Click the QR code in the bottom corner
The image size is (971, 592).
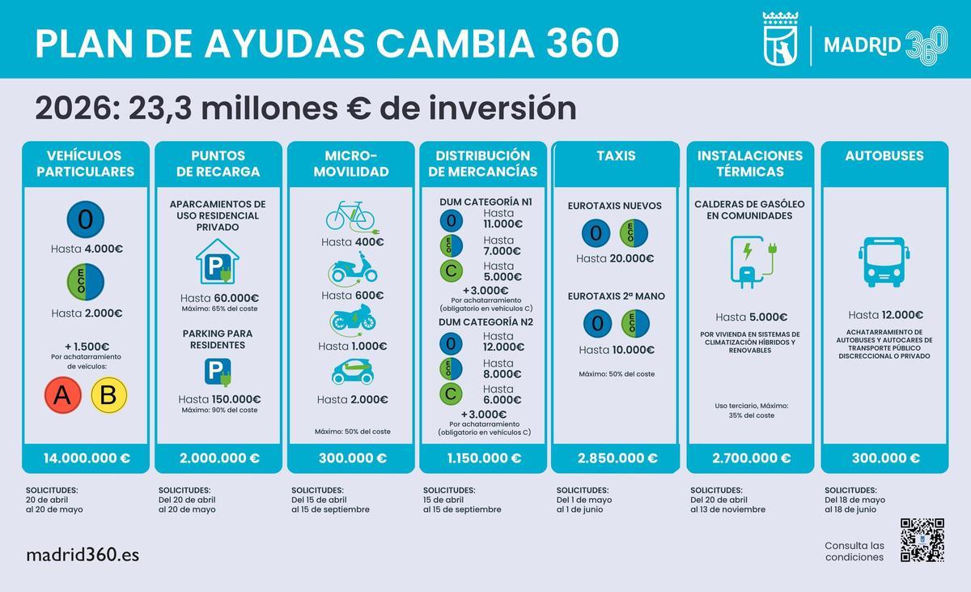(x=922, y=540)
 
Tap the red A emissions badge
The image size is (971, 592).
(x=61, y=395)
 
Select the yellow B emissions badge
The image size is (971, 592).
(x=109, y=395)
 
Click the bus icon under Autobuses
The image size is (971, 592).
(x=884, y=262)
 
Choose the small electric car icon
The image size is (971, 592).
(x=353, y=373)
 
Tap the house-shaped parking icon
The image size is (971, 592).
(x=218, y=261)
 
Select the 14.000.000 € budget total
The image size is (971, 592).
(x=87, y=458)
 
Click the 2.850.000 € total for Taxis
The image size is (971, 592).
(x=617, y=458)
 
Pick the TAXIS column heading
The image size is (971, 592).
(x=616, y=155)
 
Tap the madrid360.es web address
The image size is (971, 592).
(x=83, y=555)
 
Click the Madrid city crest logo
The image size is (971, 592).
(x=782, y=39)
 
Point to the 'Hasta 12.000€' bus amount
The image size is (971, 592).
(x=885, y=315)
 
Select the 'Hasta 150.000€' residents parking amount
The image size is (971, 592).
(x=219, y=399)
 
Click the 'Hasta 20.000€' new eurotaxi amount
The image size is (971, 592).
(x=615, y=258)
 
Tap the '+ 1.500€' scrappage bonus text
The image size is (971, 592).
(x=87, y=347)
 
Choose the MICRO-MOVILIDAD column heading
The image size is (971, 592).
(x=350, y=164)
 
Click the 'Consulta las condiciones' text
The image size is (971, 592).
(x=854, y=551)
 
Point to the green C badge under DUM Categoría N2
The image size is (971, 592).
(x=451, y=395)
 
